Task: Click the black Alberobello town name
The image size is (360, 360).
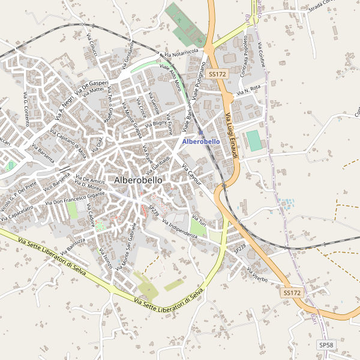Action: [138, 180]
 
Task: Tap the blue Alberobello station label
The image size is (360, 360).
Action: [200, 141]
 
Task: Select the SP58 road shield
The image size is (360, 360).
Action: [326, 345]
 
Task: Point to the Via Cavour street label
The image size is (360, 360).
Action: [191, 174]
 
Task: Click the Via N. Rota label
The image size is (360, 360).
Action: [249, 91]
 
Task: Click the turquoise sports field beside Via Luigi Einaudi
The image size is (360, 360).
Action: [255, 140]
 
